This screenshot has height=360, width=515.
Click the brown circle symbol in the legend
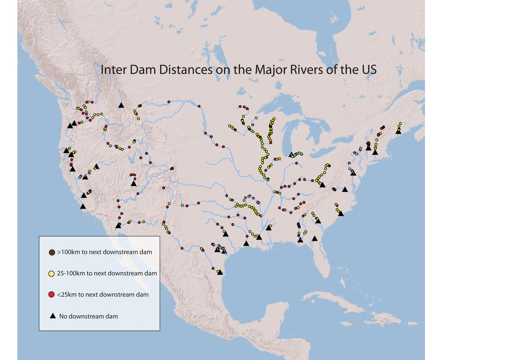pos(51,252)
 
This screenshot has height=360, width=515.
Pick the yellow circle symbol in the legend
pos(51,274)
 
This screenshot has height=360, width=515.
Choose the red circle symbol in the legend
pos(51,295)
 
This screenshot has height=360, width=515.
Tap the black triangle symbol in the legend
pos(53,316)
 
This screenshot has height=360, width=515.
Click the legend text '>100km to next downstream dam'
pos(104,252)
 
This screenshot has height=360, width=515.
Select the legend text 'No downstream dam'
pos(88,316)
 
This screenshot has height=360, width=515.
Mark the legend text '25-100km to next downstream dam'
pos(107,274)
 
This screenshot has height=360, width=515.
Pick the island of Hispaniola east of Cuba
pos(380,319)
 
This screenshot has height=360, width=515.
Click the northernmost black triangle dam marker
pos(121,105)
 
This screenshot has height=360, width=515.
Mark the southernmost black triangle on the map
pos(220,272)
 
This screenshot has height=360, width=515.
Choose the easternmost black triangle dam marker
pos(398,132)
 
